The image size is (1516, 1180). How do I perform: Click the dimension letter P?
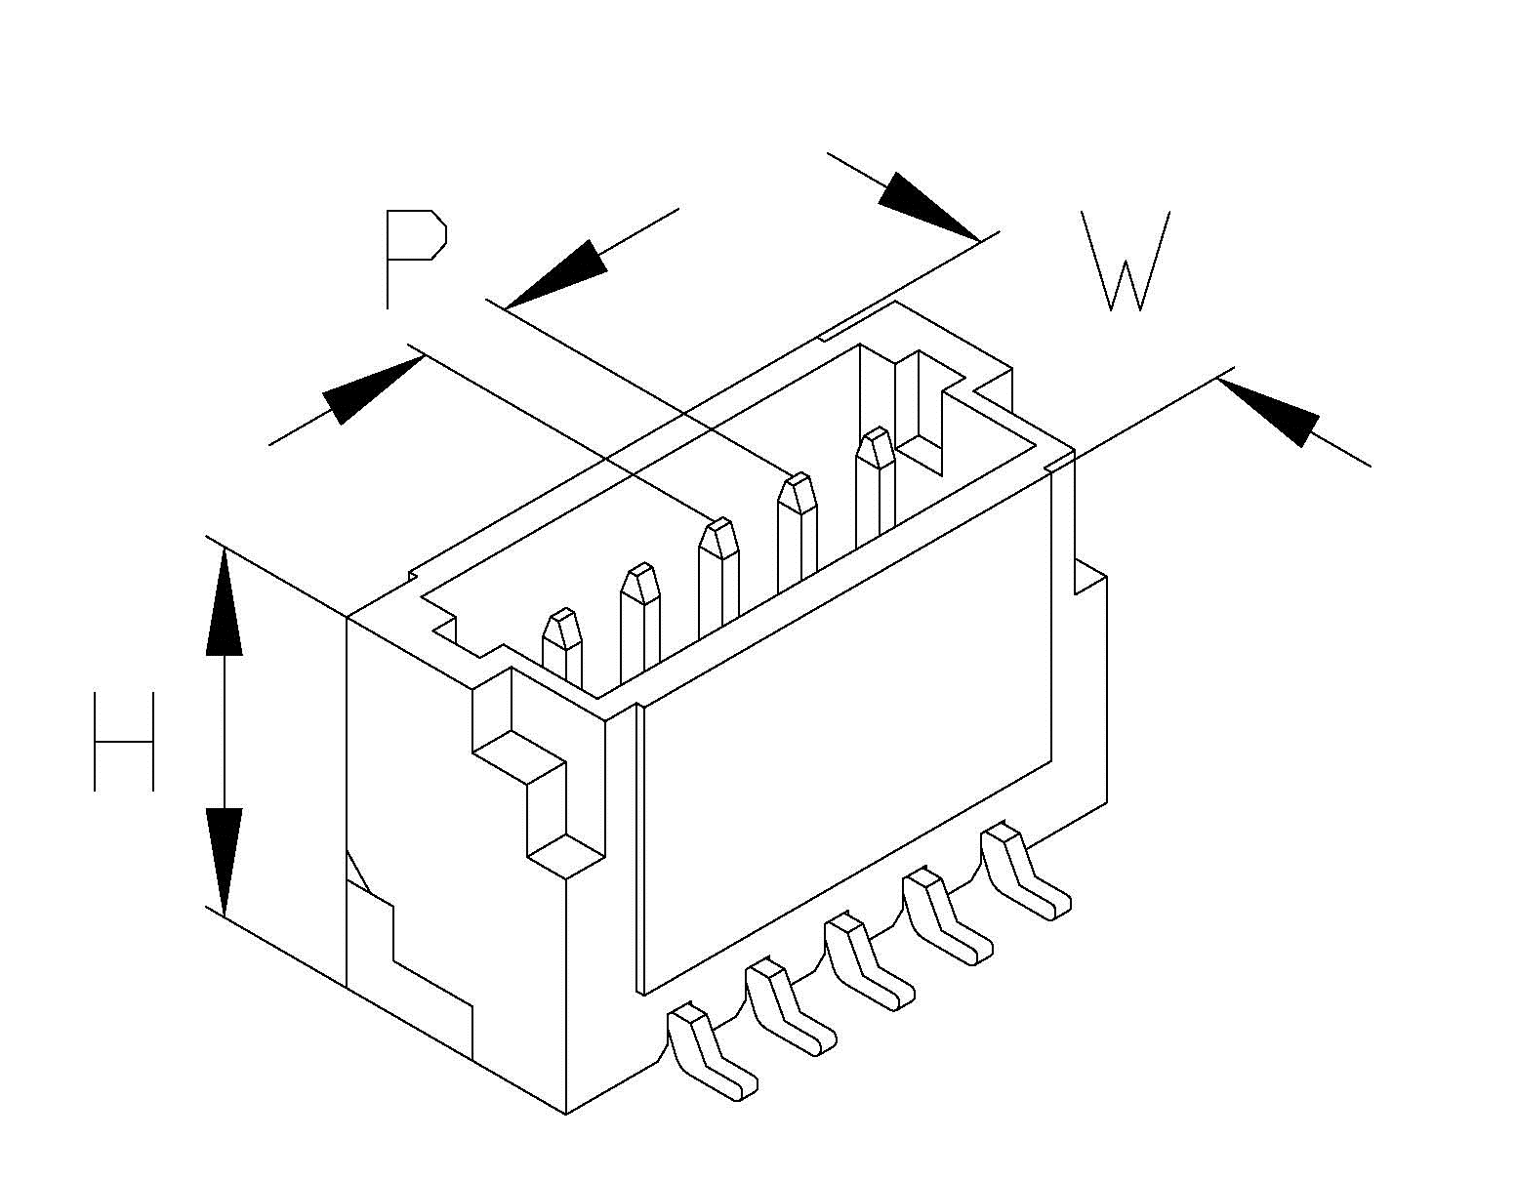click(x=413, y=256)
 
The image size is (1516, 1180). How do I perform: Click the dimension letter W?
click(x=1125, y=261)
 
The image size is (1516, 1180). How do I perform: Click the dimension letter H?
click(x=124, y=742)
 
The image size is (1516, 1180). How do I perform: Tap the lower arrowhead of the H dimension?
click(x=225, y=859)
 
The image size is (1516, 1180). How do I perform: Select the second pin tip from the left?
click(x=640, y=583)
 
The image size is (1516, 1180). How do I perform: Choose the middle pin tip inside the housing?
click(x=719, y=538)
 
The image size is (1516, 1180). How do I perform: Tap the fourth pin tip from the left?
click(x=798, y=493)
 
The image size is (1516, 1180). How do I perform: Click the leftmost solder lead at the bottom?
click(x=711, y=1053)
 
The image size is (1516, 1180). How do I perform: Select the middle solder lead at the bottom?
click(x=868, y=963)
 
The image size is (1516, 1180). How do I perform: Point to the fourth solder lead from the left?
click(x=946, y=918)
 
